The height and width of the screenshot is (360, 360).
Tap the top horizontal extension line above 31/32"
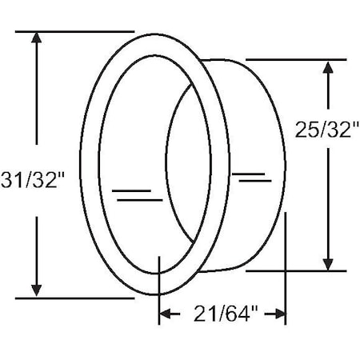72,32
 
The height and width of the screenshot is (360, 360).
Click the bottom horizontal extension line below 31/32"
72,298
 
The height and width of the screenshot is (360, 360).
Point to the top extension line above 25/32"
296,59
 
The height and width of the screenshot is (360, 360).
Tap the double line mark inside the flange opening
133,193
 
